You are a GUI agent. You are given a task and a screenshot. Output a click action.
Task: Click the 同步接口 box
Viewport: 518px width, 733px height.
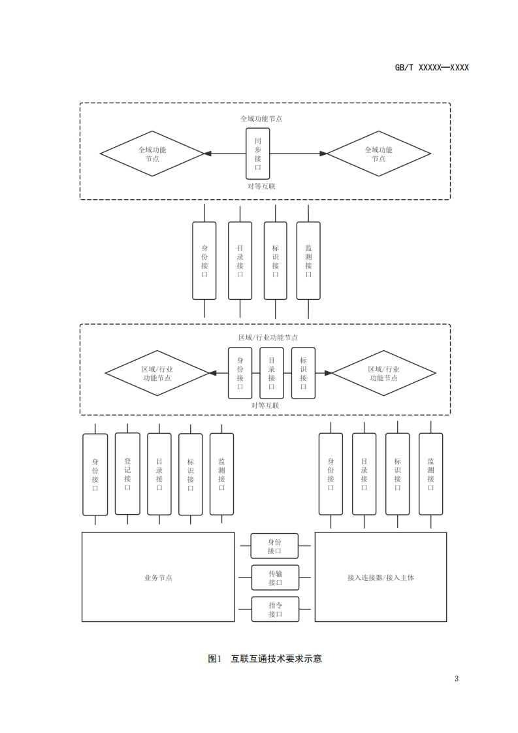257,154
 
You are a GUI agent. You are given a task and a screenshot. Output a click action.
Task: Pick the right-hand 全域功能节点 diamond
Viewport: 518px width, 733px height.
378,154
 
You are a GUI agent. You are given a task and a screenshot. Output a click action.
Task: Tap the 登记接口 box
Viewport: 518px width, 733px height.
127,474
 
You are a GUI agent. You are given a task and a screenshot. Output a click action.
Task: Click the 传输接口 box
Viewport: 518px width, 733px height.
275,578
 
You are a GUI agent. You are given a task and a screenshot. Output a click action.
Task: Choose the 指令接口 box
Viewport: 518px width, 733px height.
275,609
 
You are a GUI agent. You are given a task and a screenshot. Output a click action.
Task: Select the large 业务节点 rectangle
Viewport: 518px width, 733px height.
157,577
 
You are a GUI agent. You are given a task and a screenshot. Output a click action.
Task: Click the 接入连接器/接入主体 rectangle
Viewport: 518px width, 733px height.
381,577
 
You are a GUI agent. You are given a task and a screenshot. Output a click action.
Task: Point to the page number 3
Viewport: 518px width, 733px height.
457,678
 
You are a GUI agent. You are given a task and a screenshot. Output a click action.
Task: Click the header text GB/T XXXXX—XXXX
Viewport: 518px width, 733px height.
432,67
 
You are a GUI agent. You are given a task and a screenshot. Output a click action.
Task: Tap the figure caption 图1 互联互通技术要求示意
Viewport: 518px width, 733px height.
265,659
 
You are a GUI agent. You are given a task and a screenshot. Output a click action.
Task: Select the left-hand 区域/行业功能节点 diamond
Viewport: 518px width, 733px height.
157,374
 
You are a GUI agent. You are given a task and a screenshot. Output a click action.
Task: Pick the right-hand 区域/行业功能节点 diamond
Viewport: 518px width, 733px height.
383,374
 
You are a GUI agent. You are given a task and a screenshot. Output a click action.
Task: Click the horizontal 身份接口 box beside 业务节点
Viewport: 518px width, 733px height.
275,546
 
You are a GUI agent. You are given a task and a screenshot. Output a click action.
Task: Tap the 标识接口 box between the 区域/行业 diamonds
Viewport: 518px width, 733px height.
303,373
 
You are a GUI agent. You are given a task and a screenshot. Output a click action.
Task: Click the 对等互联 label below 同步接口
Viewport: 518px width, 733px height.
261,186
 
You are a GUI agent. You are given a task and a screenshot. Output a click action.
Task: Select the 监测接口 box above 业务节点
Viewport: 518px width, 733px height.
221,474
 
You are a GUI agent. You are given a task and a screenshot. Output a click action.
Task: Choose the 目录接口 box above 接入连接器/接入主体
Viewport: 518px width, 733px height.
364,474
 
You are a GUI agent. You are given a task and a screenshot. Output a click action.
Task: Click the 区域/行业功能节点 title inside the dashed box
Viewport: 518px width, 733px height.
268,337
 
